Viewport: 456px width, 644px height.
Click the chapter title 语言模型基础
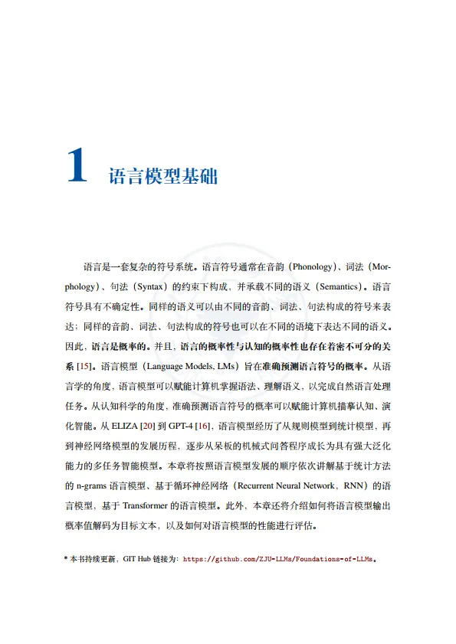click(x=163, y=177)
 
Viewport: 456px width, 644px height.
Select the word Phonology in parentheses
click(x=313, y=267)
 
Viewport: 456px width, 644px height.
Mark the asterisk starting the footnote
click(x=65, y=560)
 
